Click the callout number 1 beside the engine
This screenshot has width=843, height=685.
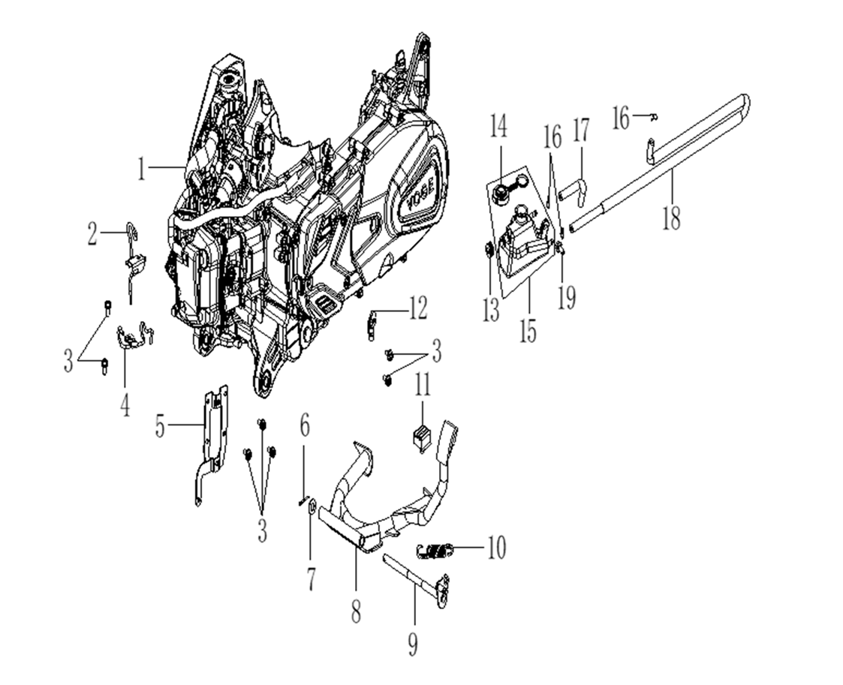(141, 168)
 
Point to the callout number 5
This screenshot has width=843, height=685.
(160, 425)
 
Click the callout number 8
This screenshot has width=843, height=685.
(355, 611)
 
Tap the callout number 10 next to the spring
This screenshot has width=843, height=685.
(495, 548)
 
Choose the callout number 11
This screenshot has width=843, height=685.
(423, 386)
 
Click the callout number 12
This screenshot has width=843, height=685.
(418, 307)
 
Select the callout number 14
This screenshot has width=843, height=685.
(499, 125)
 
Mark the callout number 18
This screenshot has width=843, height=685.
(672, 218)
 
